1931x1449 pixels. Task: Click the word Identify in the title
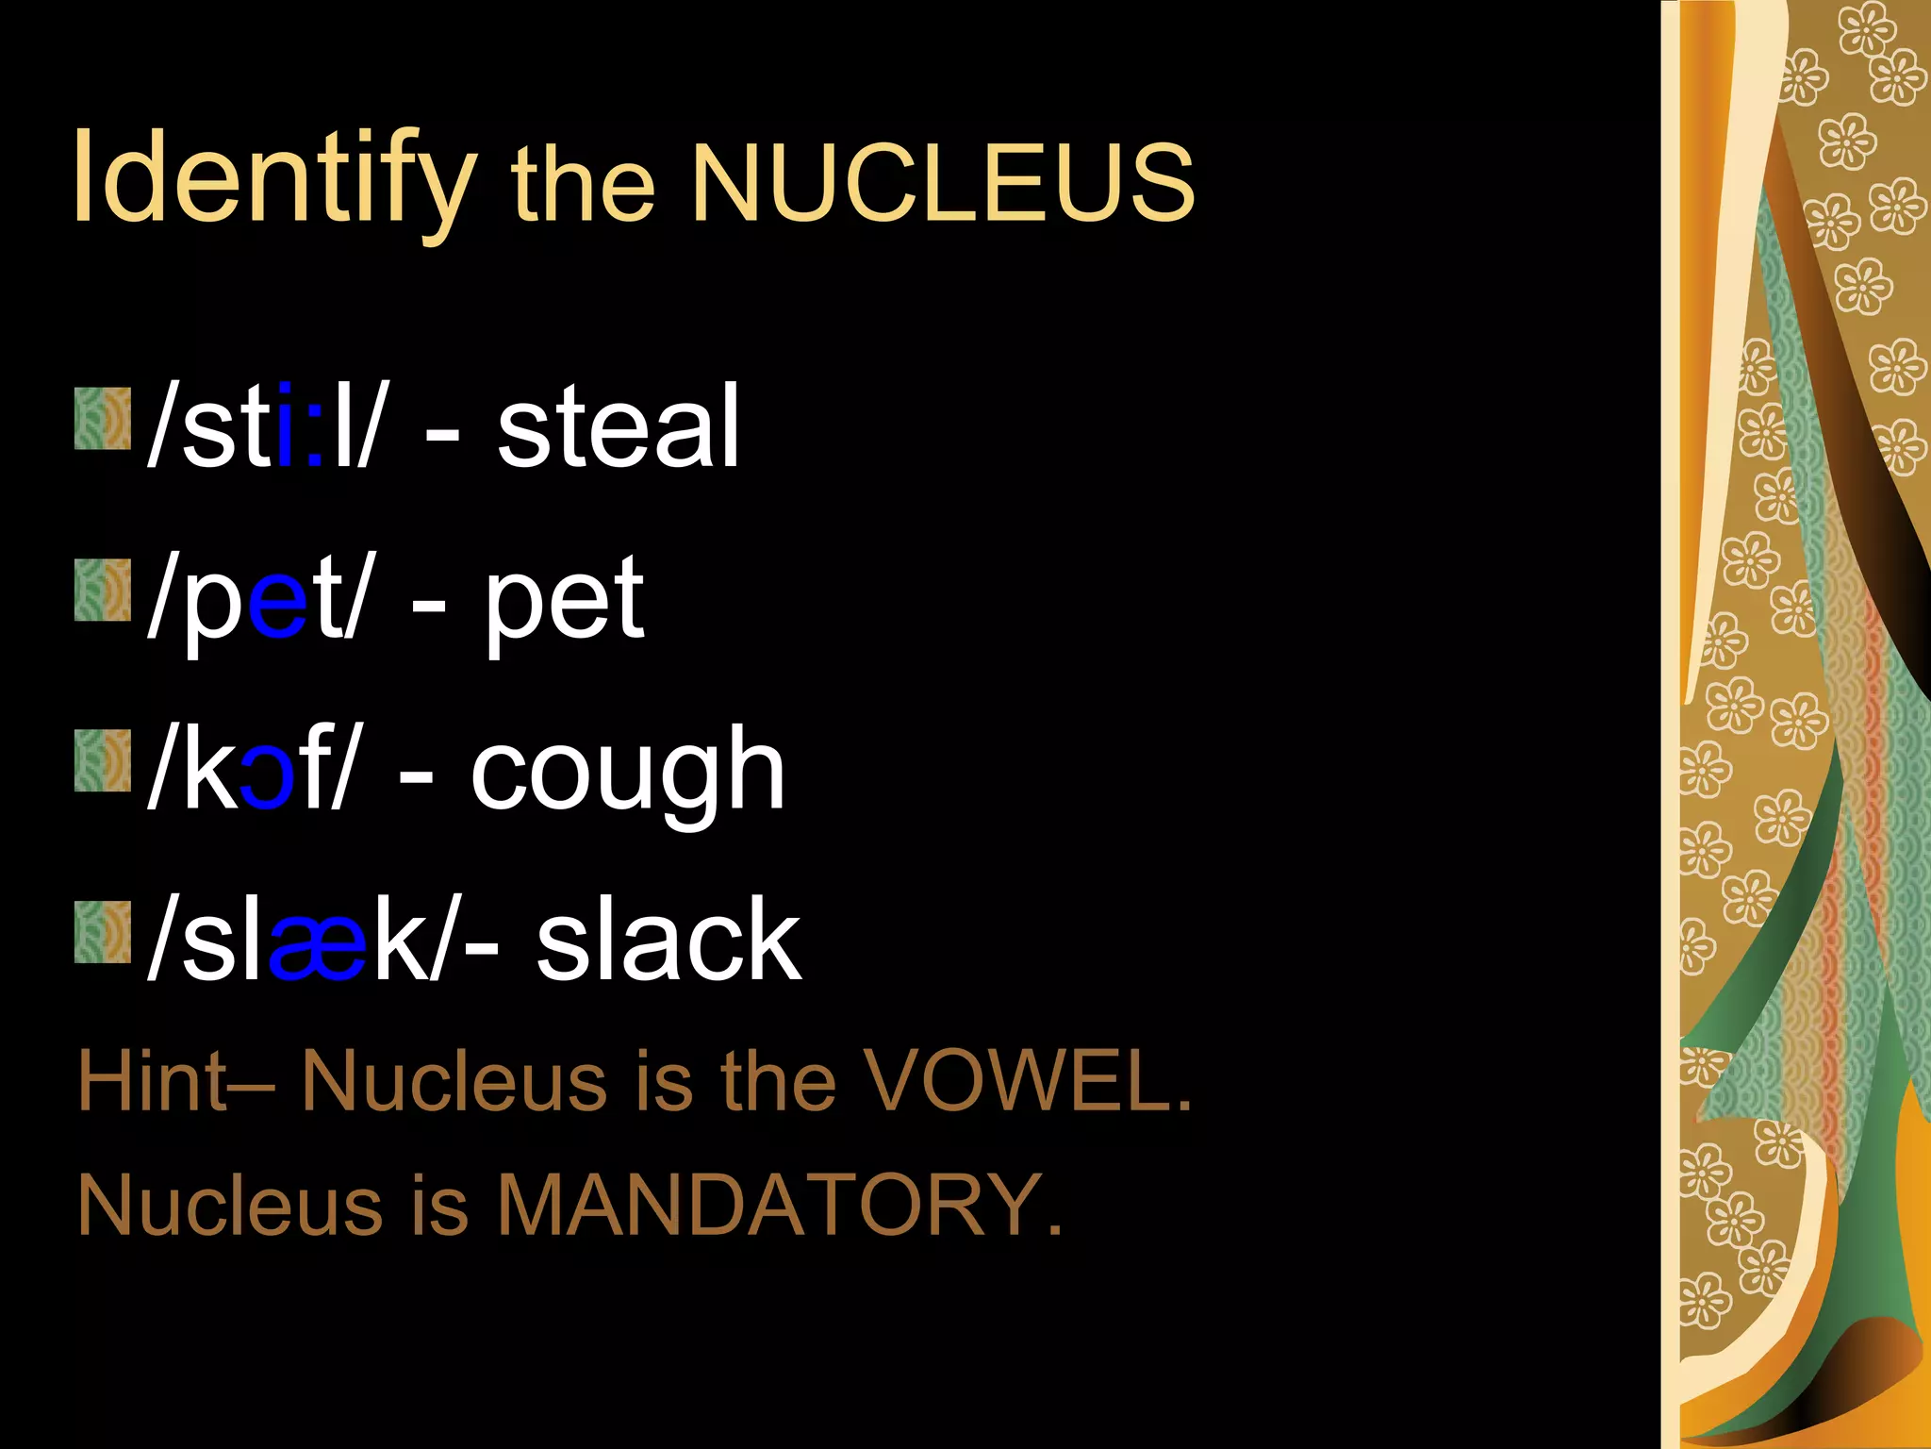tap(273, 179)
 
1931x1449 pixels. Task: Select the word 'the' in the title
tap(583, 184)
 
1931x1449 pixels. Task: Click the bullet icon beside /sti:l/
tap(103, 418)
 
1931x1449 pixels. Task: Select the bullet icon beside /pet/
tap(103, 590)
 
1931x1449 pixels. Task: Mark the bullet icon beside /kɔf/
tap(103, 760)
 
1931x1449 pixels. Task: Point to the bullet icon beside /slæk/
tap(103, 931)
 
